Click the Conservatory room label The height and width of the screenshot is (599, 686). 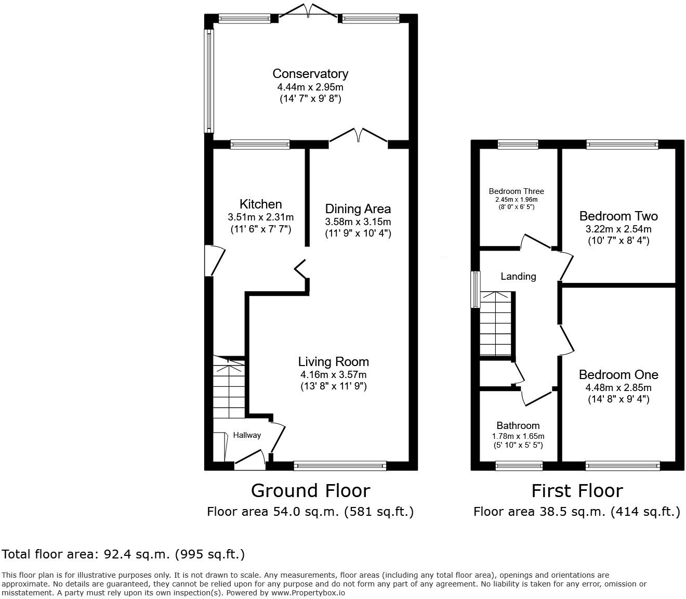[x=310, y=74]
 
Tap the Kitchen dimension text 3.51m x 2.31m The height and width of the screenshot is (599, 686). [x=260, y=217]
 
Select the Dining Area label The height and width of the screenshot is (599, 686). [x=358, y=209]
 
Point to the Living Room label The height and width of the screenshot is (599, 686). [x=333, y=362]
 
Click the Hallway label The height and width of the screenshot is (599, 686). [x=246, y=435]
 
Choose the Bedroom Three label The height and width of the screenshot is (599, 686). [x=516, y=191]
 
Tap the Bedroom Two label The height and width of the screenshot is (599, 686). [x=618, y=216]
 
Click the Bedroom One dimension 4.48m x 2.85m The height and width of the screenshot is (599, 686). [x=618, y=388]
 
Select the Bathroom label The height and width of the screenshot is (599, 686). [x=518, y=425]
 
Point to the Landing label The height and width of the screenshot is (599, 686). [x=518, y=277]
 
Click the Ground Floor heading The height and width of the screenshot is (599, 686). [x=310, y=491]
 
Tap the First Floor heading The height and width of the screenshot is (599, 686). [x=577, y=491]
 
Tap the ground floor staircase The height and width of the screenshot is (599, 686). [x=229, y=387]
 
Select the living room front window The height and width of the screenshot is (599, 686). [x=340, y=466]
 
